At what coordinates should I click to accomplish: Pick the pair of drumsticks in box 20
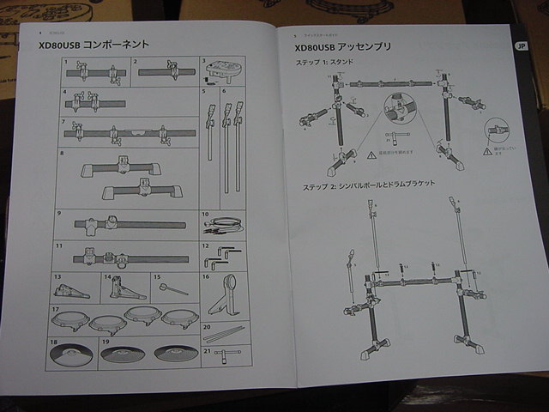tap(225, 334)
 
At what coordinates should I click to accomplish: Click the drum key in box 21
tap(225, 355)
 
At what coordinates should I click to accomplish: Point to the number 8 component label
tap(61, 153)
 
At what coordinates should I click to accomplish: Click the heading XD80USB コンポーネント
tap(94, 44)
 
